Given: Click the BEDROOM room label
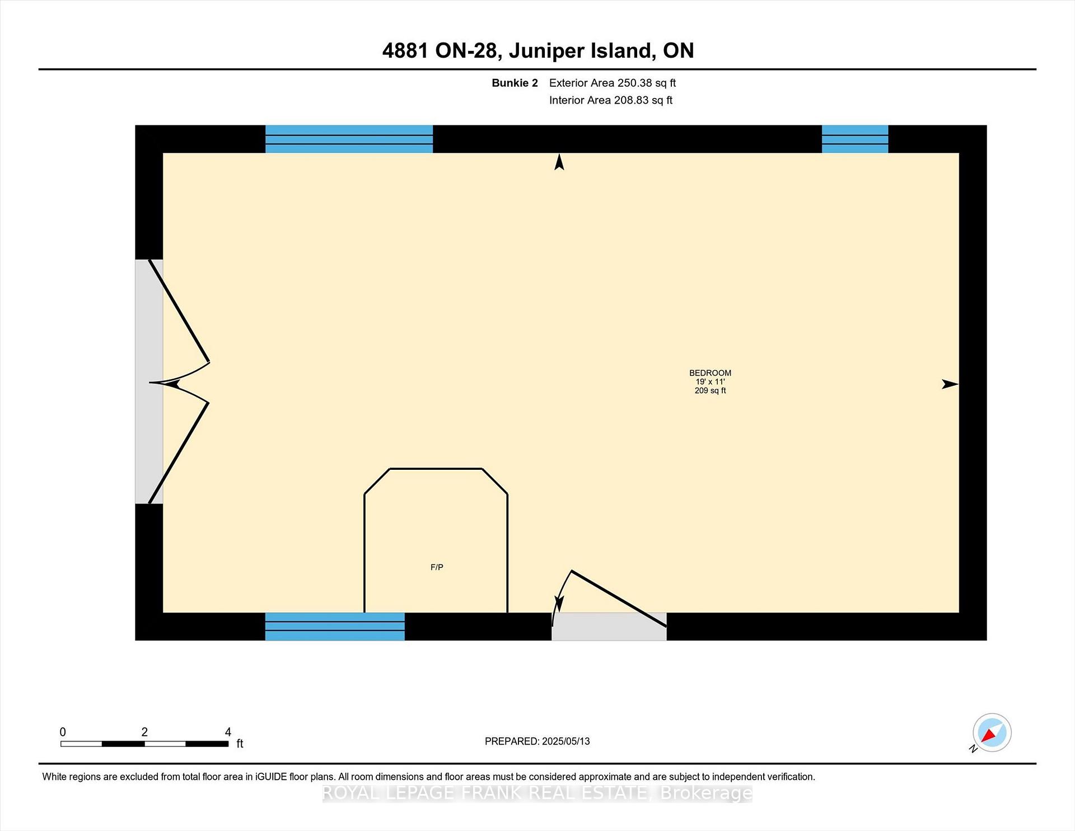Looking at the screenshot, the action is [710, 373].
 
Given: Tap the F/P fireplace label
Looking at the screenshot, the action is [437, 567].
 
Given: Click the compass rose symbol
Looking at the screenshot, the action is [992, 732].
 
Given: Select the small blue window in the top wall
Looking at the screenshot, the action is [855, 139].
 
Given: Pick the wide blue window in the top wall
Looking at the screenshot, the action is [349, 139].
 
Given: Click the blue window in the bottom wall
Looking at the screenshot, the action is [335, 627].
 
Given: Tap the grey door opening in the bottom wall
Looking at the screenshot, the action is [609, 627].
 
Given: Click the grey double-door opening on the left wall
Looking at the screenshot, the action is [149, 381].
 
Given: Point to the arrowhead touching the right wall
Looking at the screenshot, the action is [950, 384].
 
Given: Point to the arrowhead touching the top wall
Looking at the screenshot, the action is [559, 162].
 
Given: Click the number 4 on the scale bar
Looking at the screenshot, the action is [228, 732].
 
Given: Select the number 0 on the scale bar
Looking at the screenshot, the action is [63, 732].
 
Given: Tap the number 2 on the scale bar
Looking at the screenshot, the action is [144, 732].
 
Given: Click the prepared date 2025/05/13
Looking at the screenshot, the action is [566, 741].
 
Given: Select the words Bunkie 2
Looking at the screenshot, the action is [515, 83].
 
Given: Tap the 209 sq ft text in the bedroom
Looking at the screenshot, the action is [710, 390].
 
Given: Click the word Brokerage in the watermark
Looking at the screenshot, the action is [706, 793].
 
